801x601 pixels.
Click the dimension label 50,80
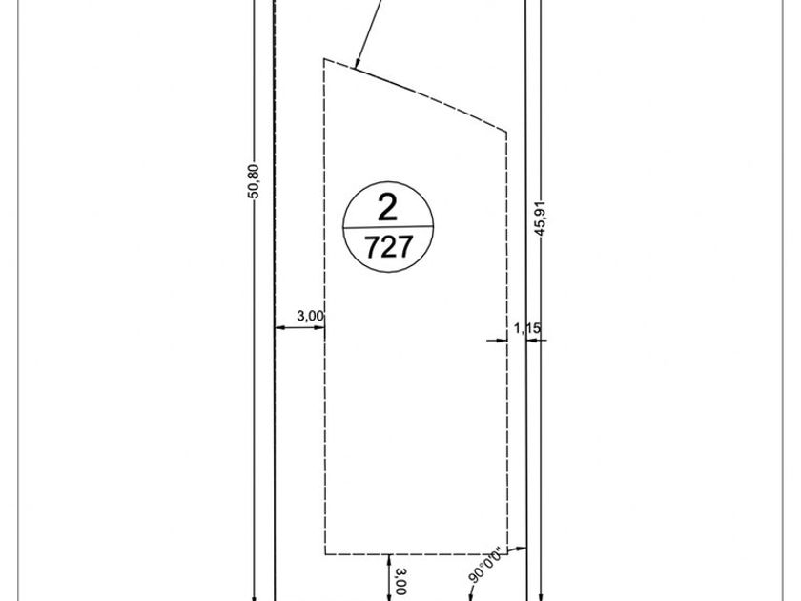[254, 181]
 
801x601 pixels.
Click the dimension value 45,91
[541, 218]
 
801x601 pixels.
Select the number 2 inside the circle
[388, 208]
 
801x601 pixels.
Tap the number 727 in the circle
[389, 247]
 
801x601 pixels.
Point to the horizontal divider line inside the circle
[388, 226]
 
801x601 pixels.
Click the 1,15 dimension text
[527, 328]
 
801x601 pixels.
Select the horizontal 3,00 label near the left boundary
[310, 316]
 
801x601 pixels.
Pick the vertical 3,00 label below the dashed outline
[400, 581]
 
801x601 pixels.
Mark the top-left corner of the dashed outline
[324, 59]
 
